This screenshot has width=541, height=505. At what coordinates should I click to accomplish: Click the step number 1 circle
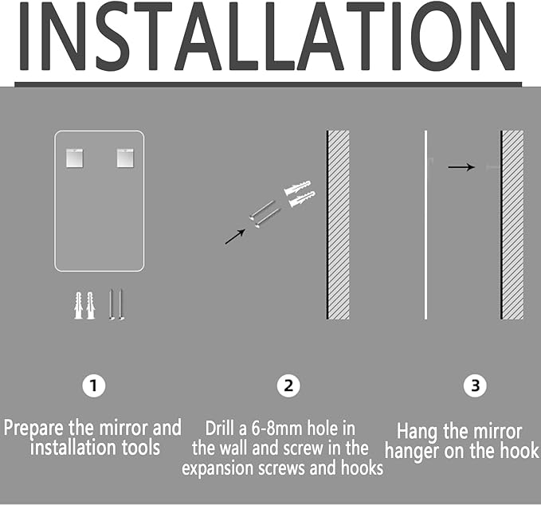click(x=94, y=386)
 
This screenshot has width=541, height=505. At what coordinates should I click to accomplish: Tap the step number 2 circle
click(x=288, y=386)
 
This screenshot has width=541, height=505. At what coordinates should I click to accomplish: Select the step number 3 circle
click(x=476, y=386)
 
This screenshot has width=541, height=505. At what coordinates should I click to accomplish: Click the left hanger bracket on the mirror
click(x=75, y=159)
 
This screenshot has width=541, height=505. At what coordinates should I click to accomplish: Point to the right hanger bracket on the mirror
click(x=125, y=159)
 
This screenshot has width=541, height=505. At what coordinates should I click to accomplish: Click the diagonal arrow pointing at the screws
click(x=235, y=237)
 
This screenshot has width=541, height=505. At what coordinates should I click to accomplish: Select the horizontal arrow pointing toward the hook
click(x=461, y=167)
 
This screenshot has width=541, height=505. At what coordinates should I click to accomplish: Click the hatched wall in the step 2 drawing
click(x=338, y=225)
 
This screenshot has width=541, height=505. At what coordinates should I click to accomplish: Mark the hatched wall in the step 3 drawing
click(x=512, y=225)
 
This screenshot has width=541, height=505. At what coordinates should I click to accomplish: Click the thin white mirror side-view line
click(x=425, y=225)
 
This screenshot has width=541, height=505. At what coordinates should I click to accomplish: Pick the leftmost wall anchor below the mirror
click(x=79, y=306)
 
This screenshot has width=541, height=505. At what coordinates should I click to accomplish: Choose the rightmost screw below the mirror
click(x=120, y=305)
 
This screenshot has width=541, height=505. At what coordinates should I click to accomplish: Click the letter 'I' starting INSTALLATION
click(x=24, y=36)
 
